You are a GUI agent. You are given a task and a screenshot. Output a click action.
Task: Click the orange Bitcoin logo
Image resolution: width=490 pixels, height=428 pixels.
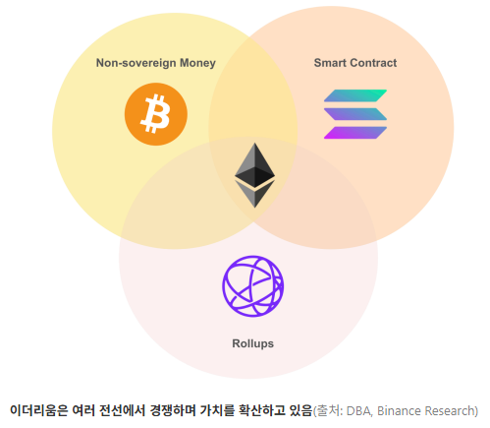coord(156,114)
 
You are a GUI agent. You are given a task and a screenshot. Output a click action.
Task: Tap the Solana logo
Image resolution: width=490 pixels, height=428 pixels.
coord(355,114)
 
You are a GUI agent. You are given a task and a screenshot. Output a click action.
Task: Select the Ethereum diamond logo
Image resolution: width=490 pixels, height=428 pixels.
coord(254,175)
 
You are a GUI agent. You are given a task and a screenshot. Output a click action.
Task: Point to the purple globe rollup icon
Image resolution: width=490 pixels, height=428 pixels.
coord(253,286)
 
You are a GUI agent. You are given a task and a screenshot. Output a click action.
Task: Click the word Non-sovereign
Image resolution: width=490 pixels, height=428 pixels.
coord(136,63)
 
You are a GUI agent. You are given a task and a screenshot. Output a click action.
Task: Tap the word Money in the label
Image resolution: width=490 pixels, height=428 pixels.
coord(197,63)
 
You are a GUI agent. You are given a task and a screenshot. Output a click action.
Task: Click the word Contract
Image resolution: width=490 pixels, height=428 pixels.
coord(372,63)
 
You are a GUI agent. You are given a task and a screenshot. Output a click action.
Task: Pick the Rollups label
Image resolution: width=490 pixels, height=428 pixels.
coord(252,343)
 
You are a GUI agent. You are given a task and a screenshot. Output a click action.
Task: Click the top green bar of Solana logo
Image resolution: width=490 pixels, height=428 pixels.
coord(355,95)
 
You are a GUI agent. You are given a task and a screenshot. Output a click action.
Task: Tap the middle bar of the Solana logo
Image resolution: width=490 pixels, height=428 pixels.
coord(355,114)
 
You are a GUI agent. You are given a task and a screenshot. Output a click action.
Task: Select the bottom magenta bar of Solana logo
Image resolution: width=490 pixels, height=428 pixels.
coord(355,133)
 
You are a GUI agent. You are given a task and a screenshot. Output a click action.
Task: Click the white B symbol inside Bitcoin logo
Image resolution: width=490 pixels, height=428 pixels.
coord(156,113)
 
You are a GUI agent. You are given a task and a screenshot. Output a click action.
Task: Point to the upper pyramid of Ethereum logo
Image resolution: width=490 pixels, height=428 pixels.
coord(254,165)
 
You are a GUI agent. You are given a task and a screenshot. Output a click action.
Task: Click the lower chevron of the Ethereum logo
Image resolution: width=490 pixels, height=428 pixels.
coord(254,194)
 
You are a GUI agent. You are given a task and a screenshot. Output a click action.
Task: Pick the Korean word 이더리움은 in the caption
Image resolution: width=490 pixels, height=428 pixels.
coord(39,410)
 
